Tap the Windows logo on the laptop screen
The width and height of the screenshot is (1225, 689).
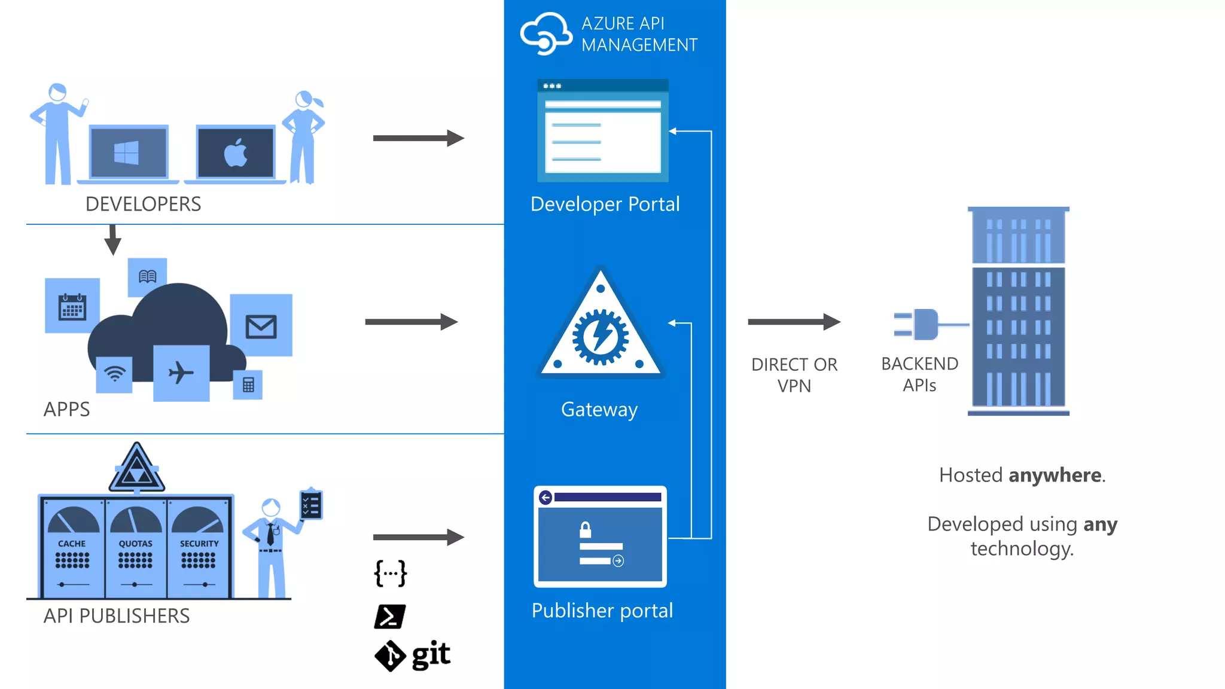tap(126, 153)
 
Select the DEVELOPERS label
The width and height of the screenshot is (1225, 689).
tap(143, 204)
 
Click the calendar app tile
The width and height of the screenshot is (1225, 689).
tap(72, 306)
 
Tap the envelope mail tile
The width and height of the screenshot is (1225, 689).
tap(261, 326)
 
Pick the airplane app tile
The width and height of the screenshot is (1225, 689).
tap(181, 373)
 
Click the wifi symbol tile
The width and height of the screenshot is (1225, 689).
tap(114, 374)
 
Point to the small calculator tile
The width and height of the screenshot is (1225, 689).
tap(248, 385)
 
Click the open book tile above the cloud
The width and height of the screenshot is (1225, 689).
tap(147, 276)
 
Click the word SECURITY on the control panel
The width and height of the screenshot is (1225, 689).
tap(199, 544)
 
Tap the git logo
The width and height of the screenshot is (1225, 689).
tap(413, 656)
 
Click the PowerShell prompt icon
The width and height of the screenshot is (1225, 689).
tap(389, 617)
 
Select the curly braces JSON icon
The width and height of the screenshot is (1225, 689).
tap(390, 574)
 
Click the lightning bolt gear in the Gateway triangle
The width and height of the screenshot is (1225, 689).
tap(601, 337)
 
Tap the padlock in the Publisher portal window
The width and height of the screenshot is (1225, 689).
tap(586, 530)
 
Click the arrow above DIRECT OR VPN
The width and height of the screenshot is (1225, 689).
tap(794, 322)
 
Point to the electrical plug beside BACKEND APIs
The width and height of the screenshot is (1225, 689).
tap(924, 324)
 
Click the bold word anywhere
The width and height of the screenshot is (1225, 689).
tap(1055, 475)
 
